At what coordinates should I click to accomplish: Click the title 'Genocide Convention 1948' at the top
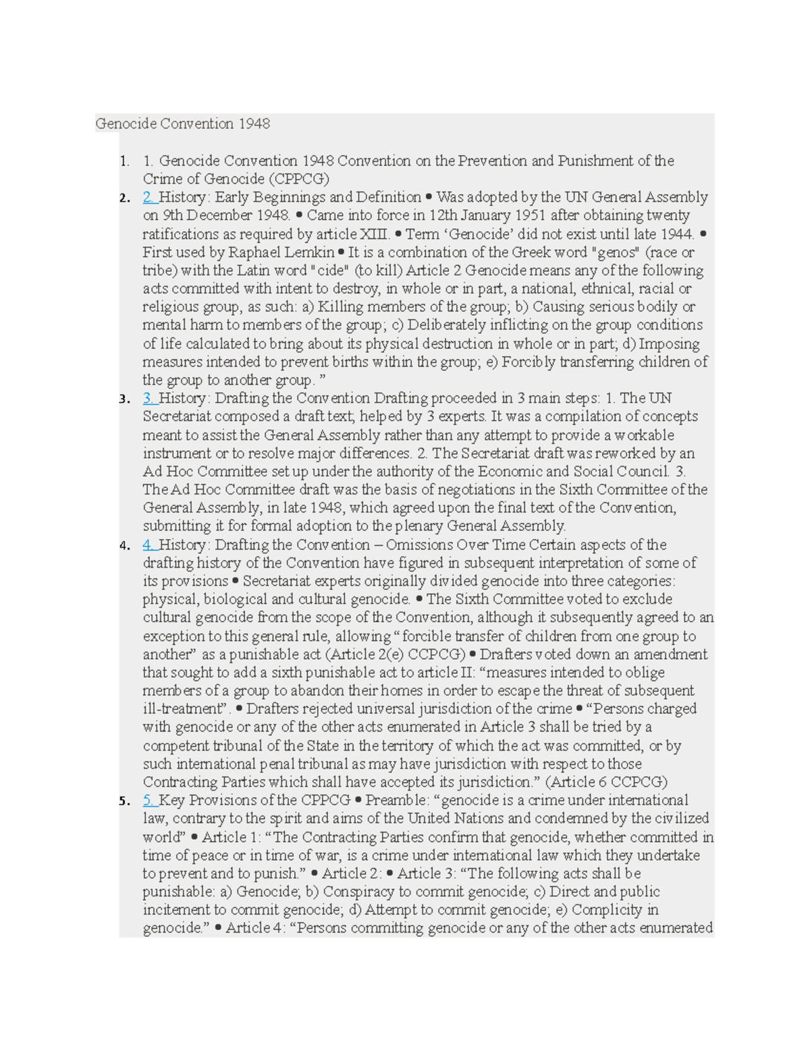[182, 123]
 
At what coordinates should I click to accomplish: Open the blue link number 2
[149, 197]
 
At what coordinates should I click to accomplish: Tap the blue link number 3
[149, 398]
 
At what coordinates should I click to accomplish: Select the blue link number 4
[149, 545]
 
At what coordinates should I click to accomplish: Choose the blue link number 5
[149, 800]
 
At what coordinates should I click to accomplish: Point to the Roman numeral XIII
[375, 234]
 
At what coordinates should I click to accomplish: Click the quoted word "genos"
[617, 252]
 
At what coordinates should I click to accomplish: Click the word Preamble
[397, 800]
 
